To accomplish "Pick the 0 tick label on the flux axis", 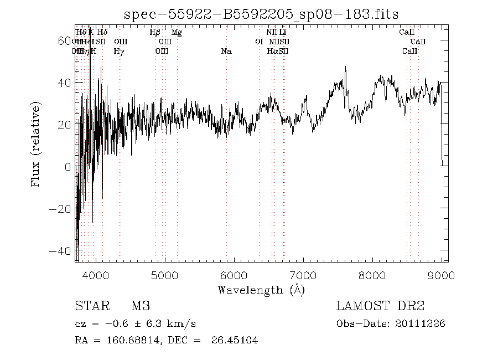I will pos(67,167).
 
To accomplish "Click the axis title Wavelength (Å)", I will pos(261,290).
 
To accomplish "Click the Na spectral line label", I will pos(226,52).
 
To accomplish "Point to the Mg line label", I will pos(177,33).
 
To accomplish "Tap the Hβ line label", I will pos(155,33).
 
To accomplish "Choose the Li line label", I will pos(282,33).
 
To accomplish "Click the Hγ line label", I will pos(119,52).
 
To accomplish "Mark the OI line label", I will pos(259,42).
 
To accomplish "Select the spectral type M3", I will pos(141,306).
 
